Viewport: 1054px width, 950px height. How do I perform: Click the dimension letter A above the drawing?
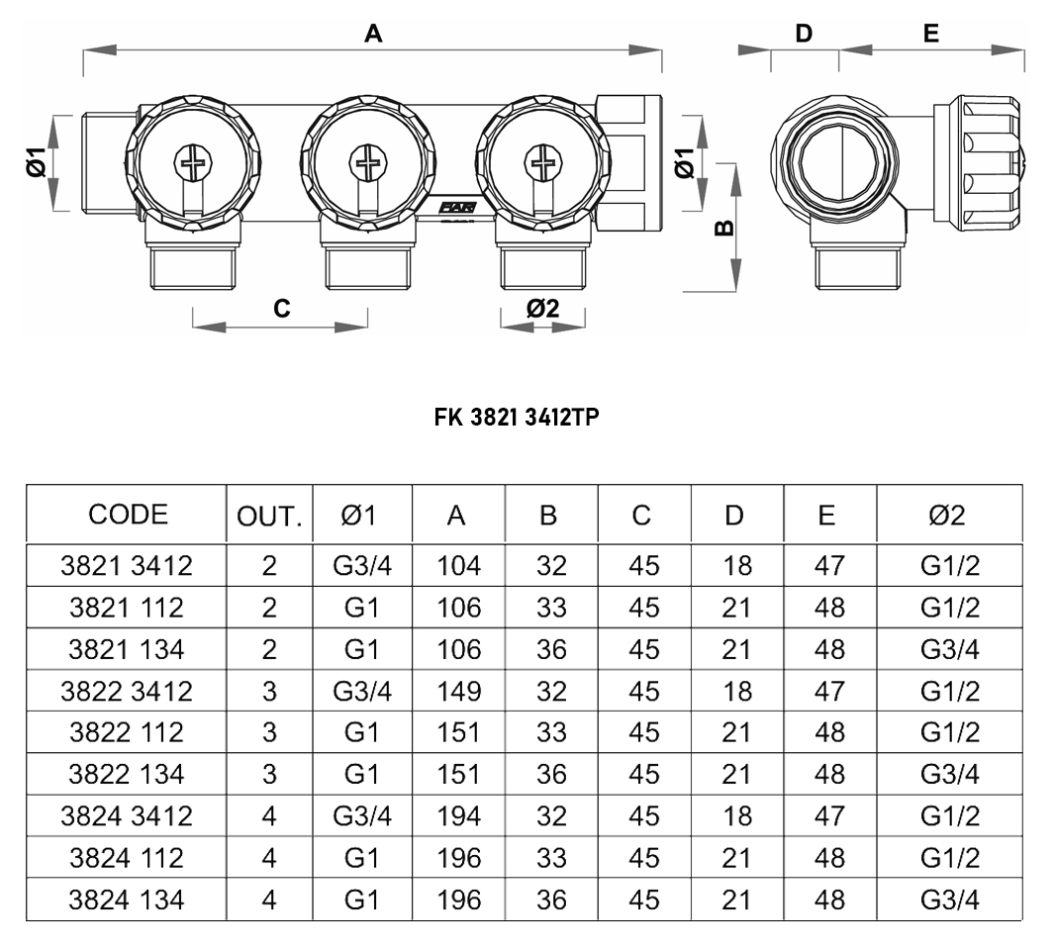372,34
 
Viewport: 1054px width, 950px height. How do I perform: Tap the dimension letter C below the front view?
282,309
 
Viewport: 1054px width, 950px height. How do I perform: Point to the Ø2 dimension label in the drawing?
542,308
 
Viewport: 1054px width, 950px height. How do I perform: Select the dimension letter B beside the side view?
724,228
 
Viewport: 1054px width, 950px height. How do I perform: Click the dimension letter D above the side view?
804,34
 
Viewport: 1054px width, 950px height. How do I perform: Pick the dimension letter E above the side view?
930,34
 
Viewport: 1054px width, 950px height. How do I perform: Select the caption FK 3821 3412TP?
517,419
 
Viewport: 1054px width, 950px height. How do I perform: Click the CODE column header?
128,515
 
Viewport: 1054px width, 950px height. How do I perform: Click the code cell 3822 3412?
127,691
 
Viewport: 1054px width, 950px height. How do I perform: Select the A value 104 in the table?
458,566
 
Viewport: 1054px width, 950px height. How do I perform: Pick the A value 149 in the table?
458,691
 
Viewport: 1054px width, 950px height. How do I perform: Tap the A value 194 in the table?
458,816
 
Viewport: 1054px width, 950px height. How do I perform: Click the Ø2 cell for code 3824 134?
949,901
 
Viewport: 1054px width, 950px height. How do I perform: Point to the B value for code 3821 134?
551,649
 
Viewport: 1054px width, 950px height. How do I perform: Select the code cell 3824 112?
127,858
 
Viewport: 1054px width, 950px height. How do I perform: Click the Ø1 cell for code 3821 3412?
362,566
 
